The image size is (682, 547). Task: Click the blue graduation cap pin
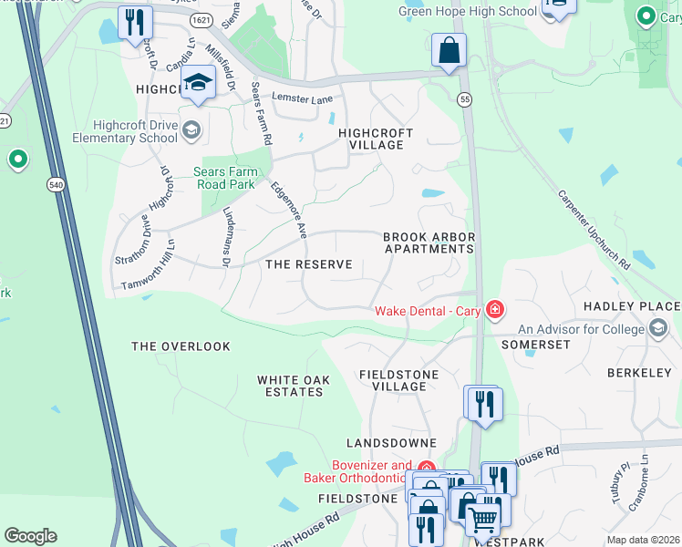tap(198, 84)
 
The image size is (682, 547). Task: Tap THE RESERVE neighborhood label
tap(308, 264)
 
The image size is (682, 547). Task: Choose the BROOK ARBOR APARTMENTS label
tap(429, 243)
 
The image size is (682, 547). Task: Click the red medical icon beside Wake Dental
tap(494, 310)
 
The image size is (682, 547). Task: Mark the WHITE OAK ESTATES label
tap(290, 386)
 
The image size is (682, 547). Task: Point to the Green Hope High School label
tap(454, 11)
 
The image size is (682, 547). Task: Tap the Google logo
tap(30, 536)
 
